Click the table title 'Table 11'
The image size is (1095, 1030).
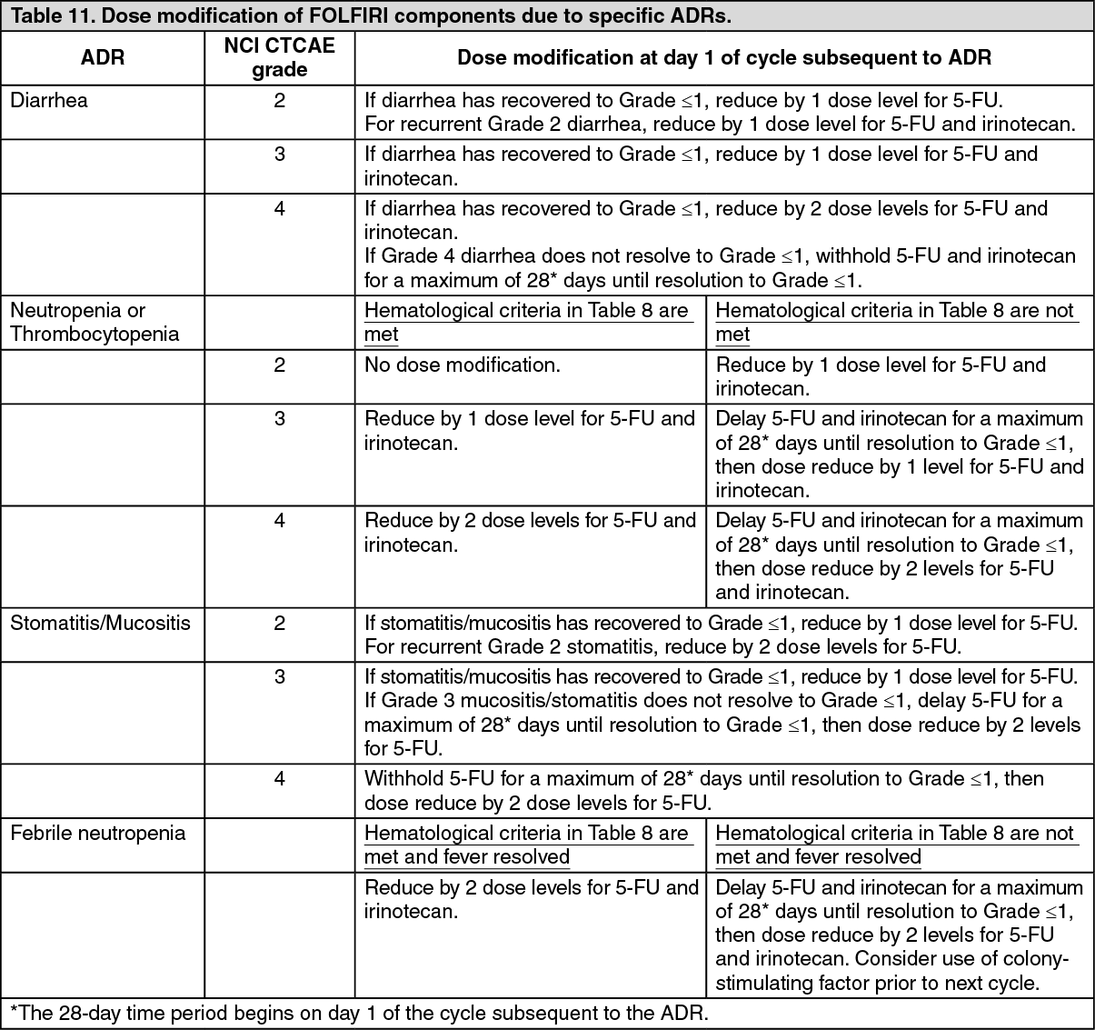coord(45,15)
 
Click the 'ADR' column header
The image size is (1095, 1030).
coord(103,58)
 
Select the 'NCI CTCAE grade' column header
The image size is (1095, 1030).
coord(279,58)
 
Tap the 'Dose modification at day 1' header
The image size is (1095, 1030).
coord(723,58)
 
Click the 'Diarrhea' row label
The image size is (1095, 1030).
coord(49,101)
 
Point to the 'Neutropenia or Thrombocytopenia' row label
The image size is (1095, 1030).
coord(95,322)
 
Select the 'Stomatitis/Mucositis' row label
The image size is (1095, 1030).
coord(100,624)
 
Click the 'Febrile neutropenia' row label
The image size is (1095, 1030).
coord(97,834)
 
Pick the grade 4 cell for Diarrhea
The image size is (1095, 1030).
coord(279,209)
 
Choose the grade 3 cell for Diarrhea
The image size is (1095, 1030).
coord(279,155)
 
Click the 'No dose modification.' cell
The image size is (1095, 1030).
coord(463,365)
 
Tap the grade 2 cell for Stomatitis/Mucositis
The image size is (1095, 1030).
coord(279,624)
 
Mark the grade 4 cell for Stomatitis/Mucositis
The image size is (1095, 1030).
coord(279,779)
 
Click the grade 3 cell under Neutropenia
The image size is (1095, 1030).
coord(279,419)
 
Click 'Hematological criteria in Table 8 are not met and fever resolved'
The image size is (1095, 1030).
coord(895,845)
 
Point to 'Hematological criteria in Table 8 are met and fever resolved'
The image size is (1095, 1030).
coord(526,845)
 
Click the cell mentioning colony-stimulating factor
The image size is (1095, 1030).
coord(899,935)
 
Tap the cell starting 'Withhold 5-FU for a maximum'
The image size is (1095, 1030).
coord(704,791)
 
